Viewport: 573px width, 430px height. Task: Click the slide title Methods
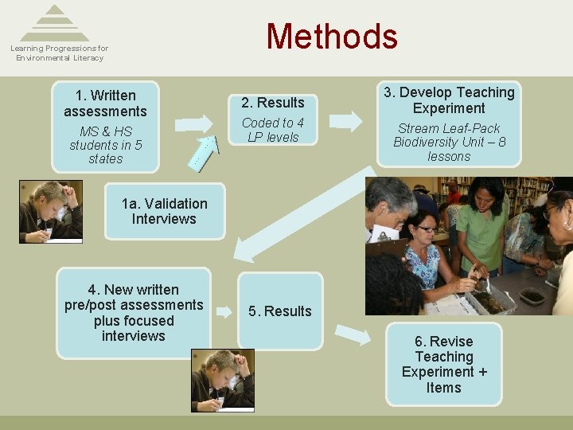pos(331,37)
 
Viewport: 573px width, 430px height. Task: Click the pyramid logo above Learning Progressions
pos(55,23)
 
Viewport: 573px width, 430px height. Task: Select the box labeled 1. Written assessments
pos(105,104)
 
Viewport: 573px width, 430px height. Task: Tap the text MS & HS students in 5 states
pos(105,145)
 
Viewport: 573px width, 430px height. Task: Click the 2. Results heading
pos(272,103)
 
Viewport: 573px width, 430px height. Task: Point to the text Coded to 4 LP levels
pos(272,130)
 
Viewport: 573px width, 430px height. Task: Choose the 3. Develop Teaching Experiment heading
pos(449,100)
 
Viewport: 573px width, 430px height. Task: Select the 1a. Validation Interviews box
pos(164,211)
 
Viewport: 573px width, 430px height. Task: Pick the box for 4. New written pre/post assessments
pos(134,312)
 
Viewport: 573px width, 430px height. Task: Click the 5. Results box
pos(279,311)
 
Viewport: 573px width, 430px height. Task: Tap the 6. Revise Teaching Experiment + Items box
pos(443,365)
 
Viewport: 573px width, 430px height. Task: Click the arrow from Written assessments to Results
pos(193,123)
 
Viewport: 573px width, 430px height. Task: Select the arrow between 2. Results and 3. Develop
pos(345,121)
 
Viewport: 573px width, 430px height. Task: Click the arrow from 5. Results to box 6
pos(353,334)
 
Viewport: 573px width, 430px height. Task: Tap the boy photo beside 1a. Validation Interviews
pos(51,212)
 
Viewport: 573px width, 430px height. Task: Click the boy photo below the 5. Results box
pos(223,380)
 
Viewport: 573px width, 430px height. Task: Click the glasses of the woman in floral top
pos(426,229)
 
